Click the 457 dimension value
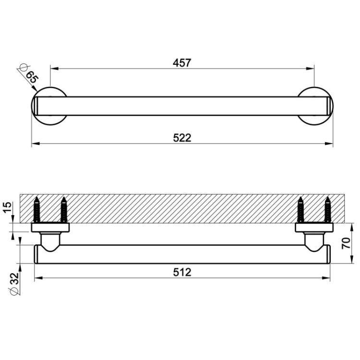tap(182, 63)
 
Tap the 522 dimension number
tap(182, 138)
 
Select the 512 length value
tap(182, 272)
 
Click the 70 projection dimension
tap(346, 243)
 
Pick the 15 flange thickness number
tap(7, 207)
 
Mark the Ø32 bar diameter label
tap(14, 284)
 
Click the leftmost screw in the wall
tap(37, 210)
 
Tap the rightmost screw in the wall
tap(328, 210)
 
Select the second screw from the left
tap(64, 210)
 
